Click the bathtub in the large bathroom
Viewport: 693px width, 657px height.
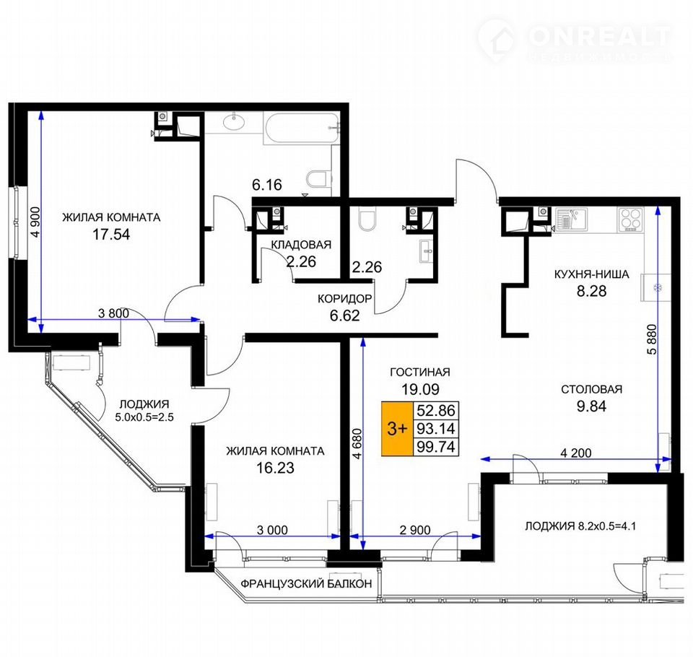pyautogui.click(x=302, y=128)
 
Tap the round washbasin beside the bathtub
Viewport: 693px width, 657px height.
pyautogui.click(x=234, y=121)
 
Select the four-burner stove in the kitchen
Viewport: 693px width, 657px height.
pyautogui.click(x=631, y=219)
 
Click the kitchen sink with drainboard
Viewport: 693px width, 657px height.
pyautogui.click(x=571, y=219)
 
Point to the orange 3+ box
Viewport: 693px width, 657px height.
pyautogui.click(x=397, y=428)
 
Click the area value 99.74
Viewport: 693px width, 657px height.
pyautogui.click(x=436, y=447)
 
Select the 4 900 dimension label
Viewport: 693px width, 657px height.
pyautogui.click(x=36, y=222)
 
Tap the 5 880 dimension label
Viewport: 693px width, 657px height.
pyautogui.click(x=652, y=339)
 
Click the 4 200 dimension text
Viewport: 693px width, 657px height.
pyautogui.click(x=575, y=453)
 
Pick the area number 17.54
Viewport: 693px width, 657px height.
pyautogui.click(x=111, y=234)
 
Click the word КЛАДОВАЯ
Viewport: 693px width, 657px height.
pyautogui.click(x=301, y=245)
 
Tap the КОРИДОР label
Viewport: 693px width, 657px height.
pyautogui.click(x=345, y=299)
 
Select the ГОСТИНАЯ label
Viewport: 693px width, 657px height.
pyautogui.click(x=420, y=373)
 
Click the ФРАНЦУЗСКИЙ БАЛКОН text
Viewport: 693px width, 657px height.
pyautogui.click(x=306, y=583)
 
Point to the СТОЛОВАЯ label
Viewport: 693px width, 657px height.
pyautogui.click(x=591, y=389)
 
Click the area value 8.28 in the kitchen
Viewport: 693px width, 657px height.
pyautogui.click(x=591, y=291)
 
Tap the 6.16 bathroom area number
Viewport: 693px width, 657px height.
pyautogui.click(x=267, y=184)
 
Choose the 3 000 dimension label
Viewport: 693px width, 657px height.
pyautogui.click(x=272, y=530)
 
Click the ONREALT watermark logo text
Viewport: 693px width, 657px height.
pyautogui.click(x=599, y=36)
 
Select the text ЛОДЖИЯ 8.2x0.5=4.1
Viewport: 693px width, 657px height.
pyautogui.click(x=580, y=526)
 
